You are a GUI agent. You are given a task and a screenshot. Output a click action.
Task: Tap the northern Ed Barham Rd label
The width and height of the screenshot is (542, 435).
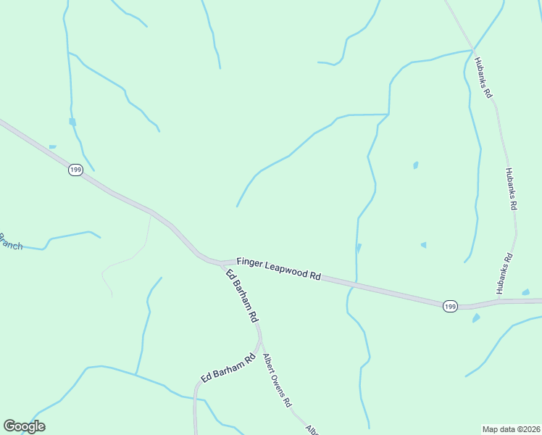(x=242, y=296)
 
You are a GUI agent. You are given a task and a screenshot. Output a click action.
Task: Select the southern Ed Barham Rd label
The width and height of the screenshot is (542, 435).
(x=228, y=368)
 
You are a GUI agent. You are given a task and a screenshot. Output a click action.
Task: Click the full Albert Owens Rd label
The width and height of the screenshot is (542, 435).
(x=278, y=380)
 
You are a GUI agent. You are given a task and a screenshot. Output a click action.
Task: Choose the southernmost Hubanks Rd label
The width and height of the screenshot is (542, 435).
(x=505, y=273)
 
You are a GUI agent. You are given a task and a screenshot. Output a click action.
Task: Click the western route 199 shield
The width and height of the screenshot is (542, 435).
(x=76, y=170)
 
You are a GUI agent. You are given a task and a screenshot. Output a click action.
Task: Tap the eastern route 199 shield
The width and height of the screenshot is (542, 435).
(x=450, y=306)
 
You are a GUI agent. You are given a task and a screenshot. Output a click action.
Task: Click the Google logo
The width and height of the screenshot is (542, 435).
(x=24, y=426)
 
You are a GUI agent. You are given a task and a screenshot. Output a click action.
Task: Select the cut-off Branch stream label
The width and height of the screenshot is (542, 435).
(x=10, y=242)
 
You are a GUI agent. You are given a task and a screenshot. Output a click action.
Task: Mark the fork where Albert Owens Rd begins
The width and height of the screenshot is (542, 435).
(x=259, y=338)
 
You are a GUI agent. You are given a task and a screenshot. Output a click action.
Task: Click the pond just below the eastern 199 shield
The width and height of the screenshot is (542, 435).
(x=476, y=318)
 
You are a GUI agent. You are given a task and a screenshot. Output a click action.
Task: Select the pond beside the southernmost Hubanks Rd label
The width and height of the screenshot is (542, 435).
(x=525, y=292)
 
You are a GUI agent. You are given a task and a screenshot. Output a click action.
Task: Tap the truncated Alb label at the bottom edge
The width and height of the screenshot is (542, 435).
(x=312, y=430)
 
